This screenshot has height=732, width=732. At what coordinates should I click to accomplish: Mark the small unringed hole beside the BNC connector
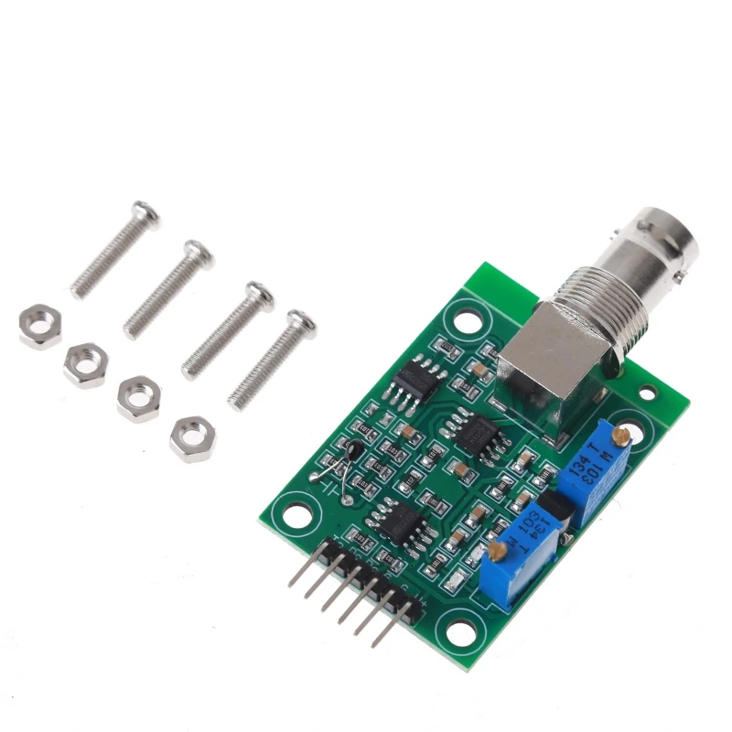(x=648, y=393)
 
